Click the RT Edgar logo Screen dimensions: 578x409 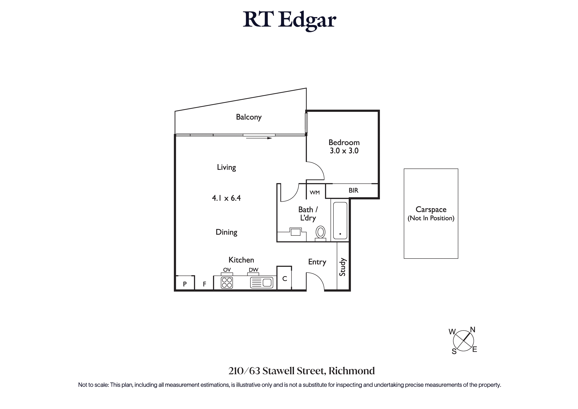pos(290,20)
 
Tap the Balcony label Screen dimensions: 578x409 pos(249,117)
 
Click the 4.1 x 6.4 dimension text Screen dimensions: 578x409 pos(226,198)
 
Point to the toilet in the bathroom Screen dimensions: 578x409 pos(320,233)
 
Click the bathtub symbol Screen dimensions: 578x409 pos(340,220)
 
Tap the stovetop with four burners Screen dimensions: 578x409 pos(227,283)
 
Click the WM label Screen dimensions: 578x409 pos(315,193)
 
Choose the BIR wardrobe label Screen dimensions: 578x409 pos(354,190)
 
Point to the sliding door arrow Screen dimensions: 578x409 pos(259,138)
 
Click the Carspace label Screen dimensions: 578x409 pos(431,210)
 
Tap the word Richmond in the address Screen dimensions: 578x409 pos(352,371)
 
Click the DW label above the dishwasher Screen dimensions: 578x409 pos(253,270)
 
